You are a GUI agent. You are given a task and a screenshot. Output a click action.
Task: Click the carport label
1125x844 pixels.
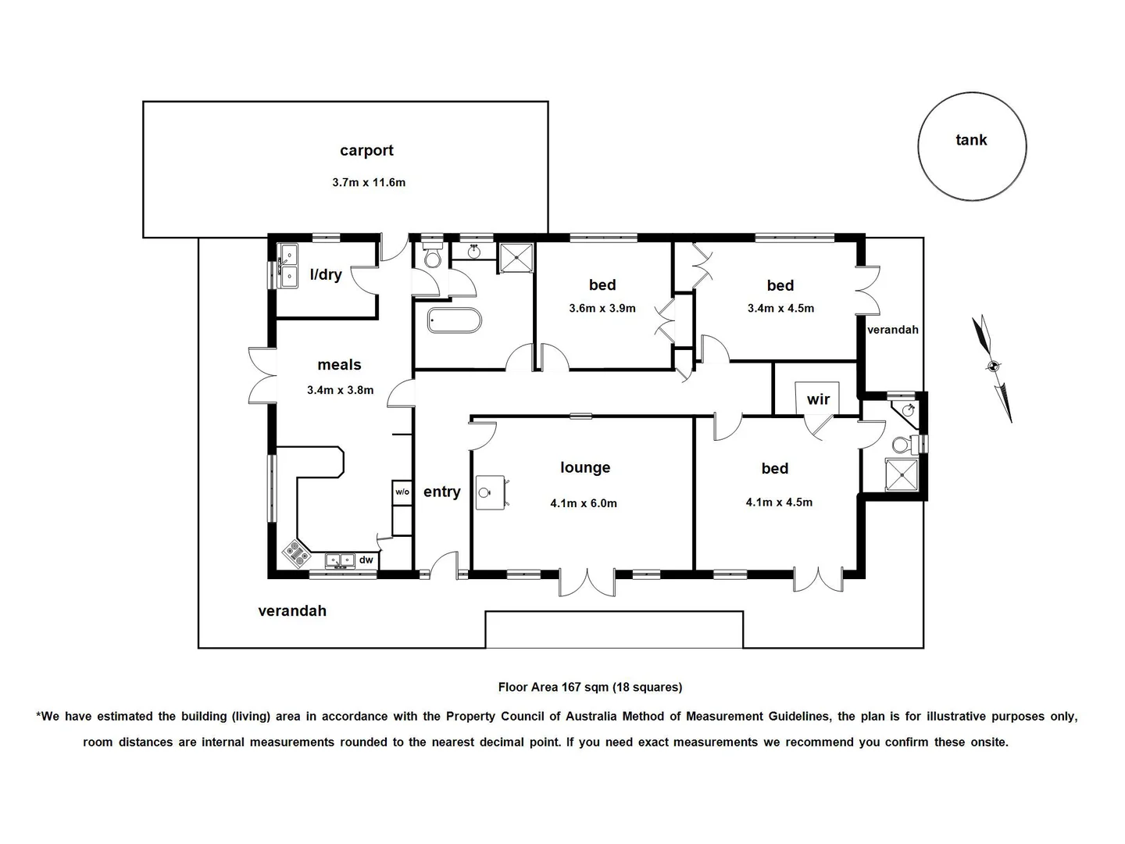[366, 151]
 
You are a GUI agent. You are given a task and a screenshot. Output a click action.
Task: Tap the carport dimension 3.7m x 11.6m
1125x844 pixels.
[369, 183]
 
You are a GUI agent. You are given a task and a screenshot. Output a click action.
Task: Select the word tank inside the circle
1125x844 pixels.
[971, 141]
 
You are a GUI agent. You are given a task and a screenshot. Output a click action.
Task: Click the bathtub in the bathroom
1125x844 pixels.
[455, 320]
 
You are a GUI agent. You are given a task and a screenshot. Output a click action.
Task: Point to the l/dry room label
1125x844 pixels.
[326, 274]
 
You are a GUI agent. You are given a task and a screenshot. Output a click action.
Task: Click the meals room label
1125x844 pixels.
[339, 365]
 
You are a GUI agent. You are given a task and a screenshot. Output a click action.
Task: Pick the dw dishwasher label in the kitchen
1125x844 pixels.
[366, 560]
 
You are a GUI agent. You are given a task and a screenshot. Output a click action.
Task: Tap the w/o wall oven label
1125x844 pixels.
[402, 492]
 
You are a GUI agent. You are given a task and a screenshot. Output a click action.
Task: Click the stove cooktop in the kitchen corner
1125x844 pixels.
[297, 554]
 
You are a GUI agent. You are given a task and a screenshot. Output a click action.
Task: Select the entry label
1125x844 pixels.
[441, 492]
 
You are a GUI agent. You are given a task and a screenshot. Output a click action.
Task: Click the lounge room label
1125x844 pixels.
[585, 467]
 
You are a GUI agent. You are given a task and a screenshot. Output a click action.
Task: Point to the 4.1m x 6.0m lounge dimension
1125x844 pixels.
[584, 503]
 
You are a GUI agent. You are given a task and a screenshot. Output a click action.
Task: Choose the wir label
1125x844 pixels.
[818, 400]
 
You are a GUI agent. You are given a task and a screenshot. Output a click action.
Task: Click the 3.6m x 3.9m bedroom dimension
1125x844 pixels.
[602, 308]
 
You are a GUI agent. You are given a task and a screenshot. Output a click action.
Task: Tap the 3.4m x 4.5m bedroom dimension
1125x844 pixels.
[780, 308]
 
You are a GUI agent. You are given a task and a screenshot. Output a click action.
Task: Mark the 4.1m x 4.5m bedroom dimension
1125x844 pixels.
[779, 502]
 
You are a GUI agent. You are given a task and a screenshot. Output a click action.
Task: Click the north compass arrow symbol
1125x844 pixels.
[993, 367]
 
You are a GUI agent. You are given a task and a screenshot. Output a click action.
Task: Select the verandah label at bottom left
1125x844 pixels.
[292, 611]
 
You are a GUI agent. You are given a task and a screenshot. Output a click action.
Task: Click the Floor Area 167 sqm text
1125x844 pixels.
[590, 687]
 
